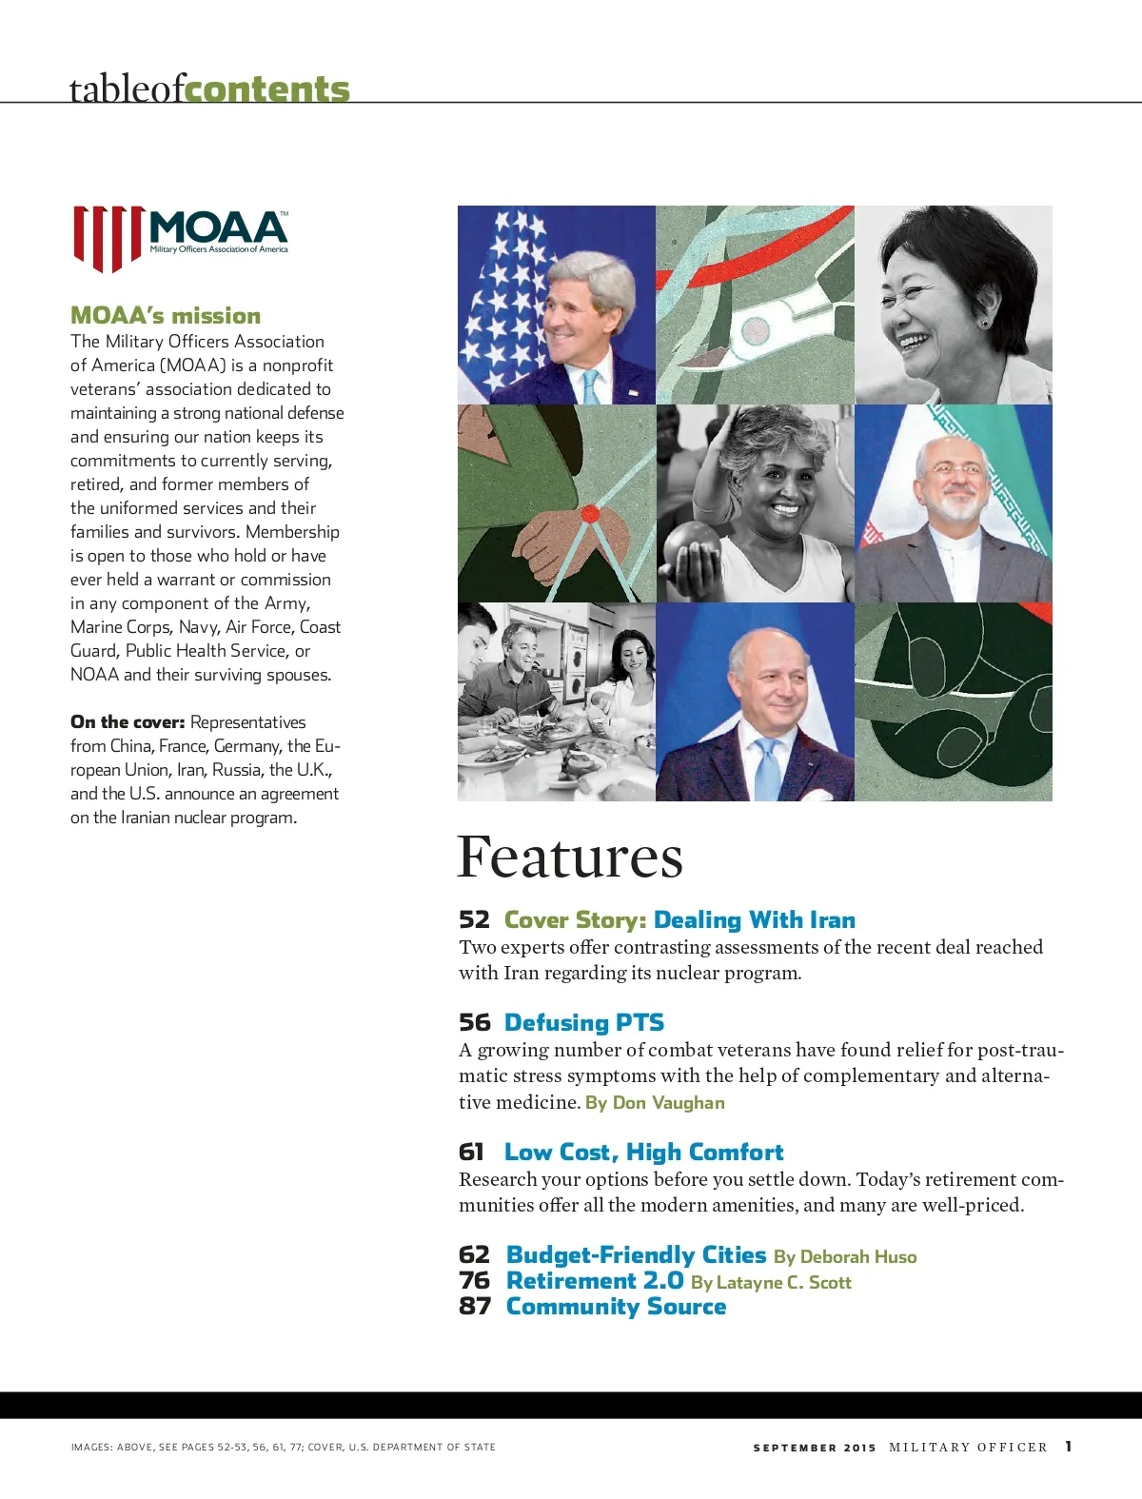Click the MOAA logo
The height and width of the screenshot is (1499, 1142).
coord(181,238)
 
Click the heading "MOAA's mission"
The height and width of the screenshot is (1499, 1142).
coord(166,316)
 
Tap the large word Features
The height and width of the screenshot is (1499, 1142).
coord(570,857)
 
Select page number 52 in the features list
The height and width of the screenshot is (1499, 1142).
coord(474,920)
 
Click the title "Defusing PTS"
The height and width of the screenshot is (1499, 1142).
coord(584,1023)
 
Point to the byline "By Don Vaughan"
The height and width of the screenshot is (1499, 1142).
coord(655,1103)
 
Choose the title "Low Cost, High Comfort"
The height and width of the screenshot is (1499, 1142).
coord(644,1153)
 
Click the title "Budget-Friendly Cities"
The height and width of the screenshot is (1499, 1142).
coord(636,1255)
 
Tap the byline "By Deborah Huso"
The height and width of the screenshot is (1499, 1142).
coord(845,1257)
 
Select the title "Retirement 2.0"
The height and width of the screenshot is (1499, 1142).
coord(595,1281)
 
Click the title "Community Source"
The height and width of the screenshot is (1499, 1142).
coord(616,1307)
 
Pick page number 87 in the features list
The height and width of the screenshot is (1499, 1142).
coord(475,1307)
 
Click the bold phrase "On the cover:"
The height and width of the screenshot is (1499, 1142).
coord(128,722)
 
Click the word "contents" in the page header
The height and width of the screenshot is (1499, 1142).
coord(267,89)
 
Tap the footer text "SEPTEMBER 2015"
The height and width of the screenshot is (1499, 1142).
coord(814,1448)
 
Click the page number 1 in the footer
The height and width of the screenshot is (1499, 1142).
coord(1069,1447)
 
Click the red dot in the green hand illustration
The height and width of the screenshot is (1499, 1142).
coord(590,514)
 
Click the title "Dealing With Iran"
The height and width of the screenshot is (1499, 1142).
coord(755,920)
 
